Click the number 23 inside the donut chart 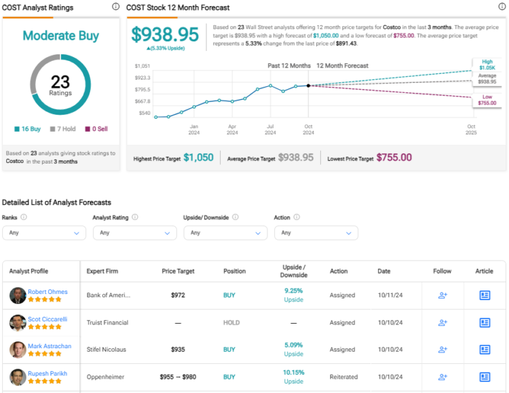[60, 81]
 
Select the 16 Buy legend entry [29, 129]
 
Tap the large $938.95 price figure [165, 35]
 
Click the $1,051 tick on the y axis [143, 66]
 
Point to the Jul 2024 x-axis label [271, 128]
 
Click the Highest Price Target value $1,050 [198, 157]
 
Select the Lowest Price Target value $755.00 [394, 157]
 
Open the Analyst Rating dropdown [134, 232]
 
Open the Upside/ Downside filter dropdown [225, 232]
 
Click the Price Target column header [178, 272]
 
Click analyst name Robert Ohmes [48, 292]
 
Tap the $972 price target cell [178, 295]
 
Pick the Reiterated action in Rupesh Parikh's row [343, 377]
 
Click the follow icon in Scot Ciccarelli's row [442, 322]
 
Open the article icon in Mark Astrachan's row [485, 350]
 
